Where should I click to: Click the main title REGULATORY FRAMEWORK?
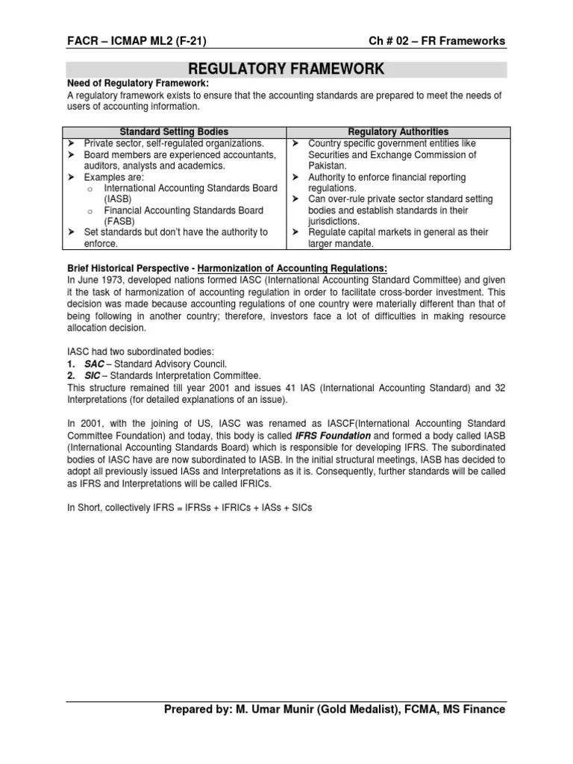coord(286,69)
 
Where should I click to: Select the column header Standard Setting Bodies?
coord(175,132)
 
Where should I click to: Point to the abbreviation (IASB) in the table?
coord(118,198)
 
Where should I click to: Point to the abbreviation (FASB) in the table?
coord(119,221)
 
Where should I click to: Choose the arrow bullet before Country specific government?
coord(295,143)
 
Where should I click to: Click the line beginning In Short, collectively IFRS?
coord(189,507)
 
